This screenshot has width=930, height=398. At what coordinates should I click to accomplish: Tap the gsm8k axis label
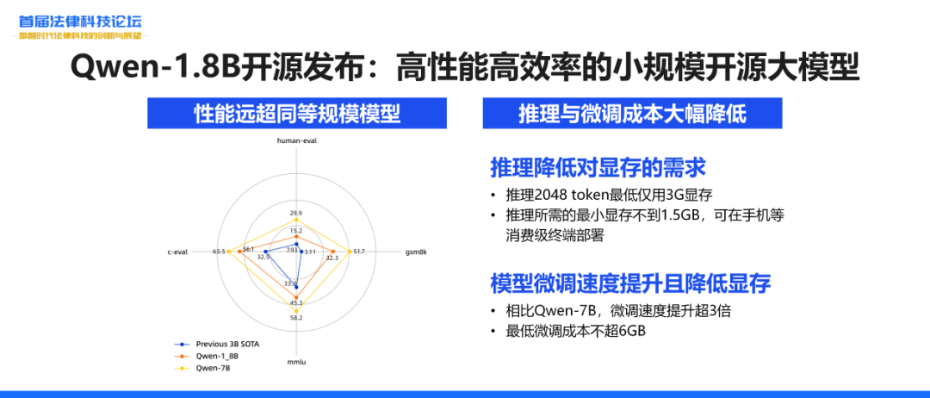coord(417,252)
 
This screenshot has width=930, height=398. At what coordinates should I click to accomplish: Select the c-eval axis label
coord(178,252)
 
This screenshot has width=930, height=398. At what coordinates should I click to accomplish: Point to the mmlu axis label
coord(296,362)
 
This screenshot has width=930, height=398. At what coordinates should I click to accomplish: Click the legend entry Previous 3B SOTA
coord(226,345)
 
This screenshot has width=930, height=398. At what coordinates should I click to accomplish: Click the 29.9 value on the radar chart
coord(296,213)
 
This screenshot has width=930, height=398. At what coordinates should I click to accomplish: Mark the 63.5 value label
coord(219,252)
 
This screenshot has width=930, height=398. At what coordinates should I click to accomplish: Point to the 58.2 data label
coord(296,319)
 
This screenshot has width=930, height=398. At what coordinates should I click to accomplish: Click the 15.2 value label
coord(296,231)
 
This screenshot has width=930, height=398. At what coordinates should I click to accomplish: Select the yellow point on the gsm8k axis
coord(348,251)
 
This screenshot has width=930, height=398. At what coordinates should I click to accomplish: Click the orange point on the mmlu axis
coord(296,297)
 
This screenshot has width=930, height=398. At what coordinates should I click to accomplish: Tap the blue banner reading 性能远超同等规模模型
coord(296,113)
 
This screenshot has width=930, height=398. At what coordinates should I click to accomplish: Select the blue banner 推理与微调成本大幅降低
coord(631,113)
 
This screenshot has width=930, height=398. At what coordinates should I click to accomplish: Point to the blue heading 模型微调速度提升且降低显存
coord(630,283)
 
